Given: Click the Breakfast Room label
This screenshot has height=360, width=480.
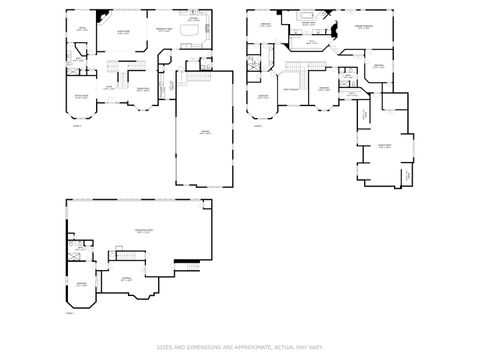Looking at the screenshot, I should point(165,31).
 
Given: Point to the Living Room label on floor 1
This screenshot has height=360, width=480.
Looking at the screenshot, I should point(124,31).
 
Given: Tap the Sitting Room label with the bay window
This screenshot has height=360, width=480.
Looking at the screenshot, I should point(82,96).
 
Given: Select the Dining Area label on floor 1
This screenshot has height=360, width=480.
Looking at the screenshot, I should point(143,89).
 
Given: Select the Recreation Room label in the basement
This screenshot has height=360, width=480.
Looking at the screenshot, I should point(144,231).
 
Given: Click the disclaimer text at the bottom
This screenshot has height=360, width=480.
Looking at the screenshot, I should point(240,347).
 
